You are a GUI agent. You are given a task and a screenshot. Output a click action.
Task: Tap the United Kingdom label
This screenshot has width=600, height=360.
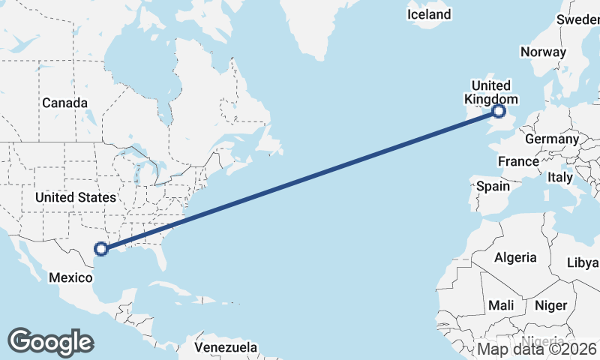pyautogui.click(x=491, y=92)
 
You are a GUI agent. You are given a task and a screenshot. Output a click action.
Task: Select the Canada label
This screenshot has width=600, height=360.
pyautogui.click(x=64, y=103)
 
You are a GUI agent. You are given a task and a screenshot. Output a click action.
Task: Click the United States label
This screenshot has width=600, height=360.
pyautogui.click(x=76, y=197)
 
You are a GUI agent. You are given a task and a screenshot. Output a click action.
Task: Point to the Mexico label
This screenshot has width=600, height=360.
pyautogui.click(x=70, y=277)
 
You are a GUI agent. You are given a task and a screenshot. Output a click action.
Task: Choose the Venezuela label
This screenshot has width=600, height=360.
pyautogui.click(x=226, y=348)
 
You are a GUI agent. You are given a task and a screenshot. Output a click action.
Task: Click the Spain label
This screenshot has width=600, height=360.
pyautogui.click(x=492, y=186)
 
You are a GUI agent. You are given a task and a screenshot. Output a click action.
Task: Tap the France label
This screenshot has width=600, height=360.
pyautogui.click(x=518, y=161)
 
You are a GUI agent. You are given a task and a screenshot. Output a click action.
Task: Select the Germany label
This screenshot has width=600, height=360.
pyautogui.click(x=552, y=139)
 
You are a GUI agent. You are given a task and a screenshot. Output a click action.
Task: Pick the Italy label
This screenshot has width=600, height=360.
pyautogui.click(x=559, y=177)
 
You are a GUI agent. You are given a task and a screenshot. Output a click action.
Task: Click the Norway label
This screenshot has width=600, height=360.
pyautogui.click(x=542, y=52)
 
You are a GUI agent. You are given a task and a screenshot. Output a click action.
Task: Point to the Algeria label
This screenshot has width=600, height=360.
pyautogui.click(x=515, y=257)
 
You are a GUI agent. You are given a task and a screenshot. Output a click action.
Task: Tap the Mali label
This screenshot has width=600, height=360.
pyautogui.click(x=501, y=305)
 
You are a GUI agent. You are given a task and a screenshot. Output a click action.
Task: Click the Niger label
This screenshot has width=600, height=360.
pyautogui.click(x=550, y=305)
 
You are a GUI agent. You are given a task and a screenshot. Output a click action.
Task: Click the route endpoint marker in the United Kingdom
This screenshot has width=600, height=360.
pyautogui.click(x=499, y=112)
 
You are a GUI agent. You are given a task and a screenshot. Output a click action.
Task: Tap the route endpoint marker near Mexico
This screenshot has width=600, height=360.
pyautogui.click(x=101, y=249)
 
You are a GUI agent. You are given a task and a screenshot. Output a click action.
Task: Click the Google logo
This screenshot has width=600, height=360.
pyautogui.click(x=49, y=341)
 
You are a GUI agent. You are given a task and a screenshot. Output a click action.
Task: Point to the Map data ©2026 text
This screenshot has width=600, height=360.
pyautogui.click(x=538, y=349)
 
